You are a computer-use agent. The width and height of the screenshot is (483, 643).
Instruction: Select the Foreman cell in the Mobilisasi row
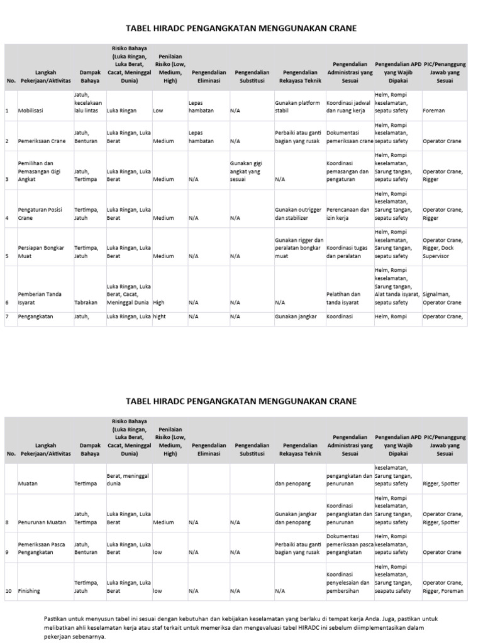(434, 111)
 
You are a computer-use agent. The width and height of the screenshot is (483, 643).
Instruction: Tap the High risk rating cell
(159, 302)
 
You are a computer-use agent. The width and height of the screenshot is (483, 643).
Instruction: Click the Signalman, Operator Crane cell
(442, 298)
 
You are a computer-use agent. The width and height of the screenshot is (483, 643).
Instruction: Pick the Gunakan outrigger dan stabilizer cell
(297, 213)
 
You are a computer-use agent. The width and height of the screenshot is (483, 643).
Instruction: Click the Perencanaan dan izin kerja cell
(348, 213)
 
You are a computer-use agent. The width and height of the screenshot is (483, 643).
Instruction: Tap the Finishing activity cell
(29, 591)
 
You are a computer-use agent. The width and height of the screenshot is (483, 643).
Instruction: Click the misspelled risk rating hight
(160, 316)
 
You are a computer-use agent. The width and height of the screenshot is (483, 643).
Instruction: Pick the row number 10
(9, 591)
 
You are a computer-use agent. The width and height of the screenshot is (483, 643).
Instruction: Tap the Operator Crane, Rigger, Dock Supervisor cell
(443, 248)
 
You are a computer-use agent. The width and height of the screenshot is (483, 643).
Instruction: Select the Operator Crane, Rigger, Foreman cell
(443, 586)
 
